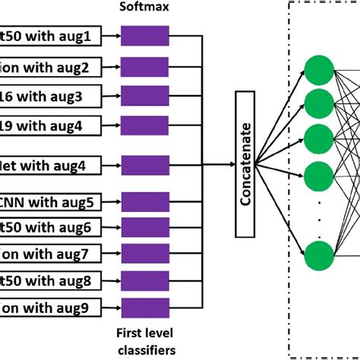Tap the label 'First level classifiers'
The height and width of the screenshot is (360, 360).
click(144, 341)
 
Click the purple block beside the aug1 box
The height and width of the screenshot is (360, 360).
click(144, 35)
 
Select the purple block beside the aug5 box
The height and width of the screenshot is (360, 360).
click(144, 202)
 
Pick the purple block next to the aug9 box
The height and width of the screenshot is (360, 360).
click(144, 308)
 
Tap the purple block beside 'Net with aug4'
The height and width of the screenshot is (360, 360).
click(144, 164)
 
